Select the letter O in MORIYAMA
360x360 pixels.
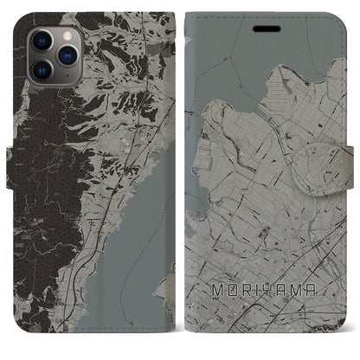click(x=231, y=305)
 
